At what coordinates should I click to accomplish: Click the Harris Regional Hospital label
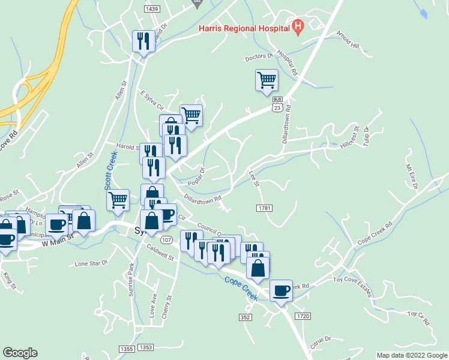tap(244, 28)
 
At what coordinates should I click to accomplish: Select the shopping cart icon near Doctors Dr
tap(267, 80)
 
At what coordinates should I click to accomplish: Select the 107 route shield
tap(167, 240)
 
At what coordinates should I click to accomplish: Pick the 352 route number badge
tap(244, 317)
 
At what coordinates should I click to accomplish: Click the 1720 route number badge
tap(303, 316)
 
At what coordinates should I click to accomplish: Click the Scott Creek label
tap(111, 171)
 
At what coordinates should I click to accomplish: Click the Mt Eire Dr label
tap(411, 176)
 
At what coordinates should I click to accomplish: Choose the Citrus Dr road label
tap(319, 340)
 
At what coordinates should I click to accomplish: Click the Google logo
tap(20, 353)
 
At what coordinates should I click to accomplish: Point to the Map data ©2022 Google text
tap(412, 355)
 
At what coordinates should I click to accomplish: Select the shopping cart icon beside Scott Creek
tap(118, 199)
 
